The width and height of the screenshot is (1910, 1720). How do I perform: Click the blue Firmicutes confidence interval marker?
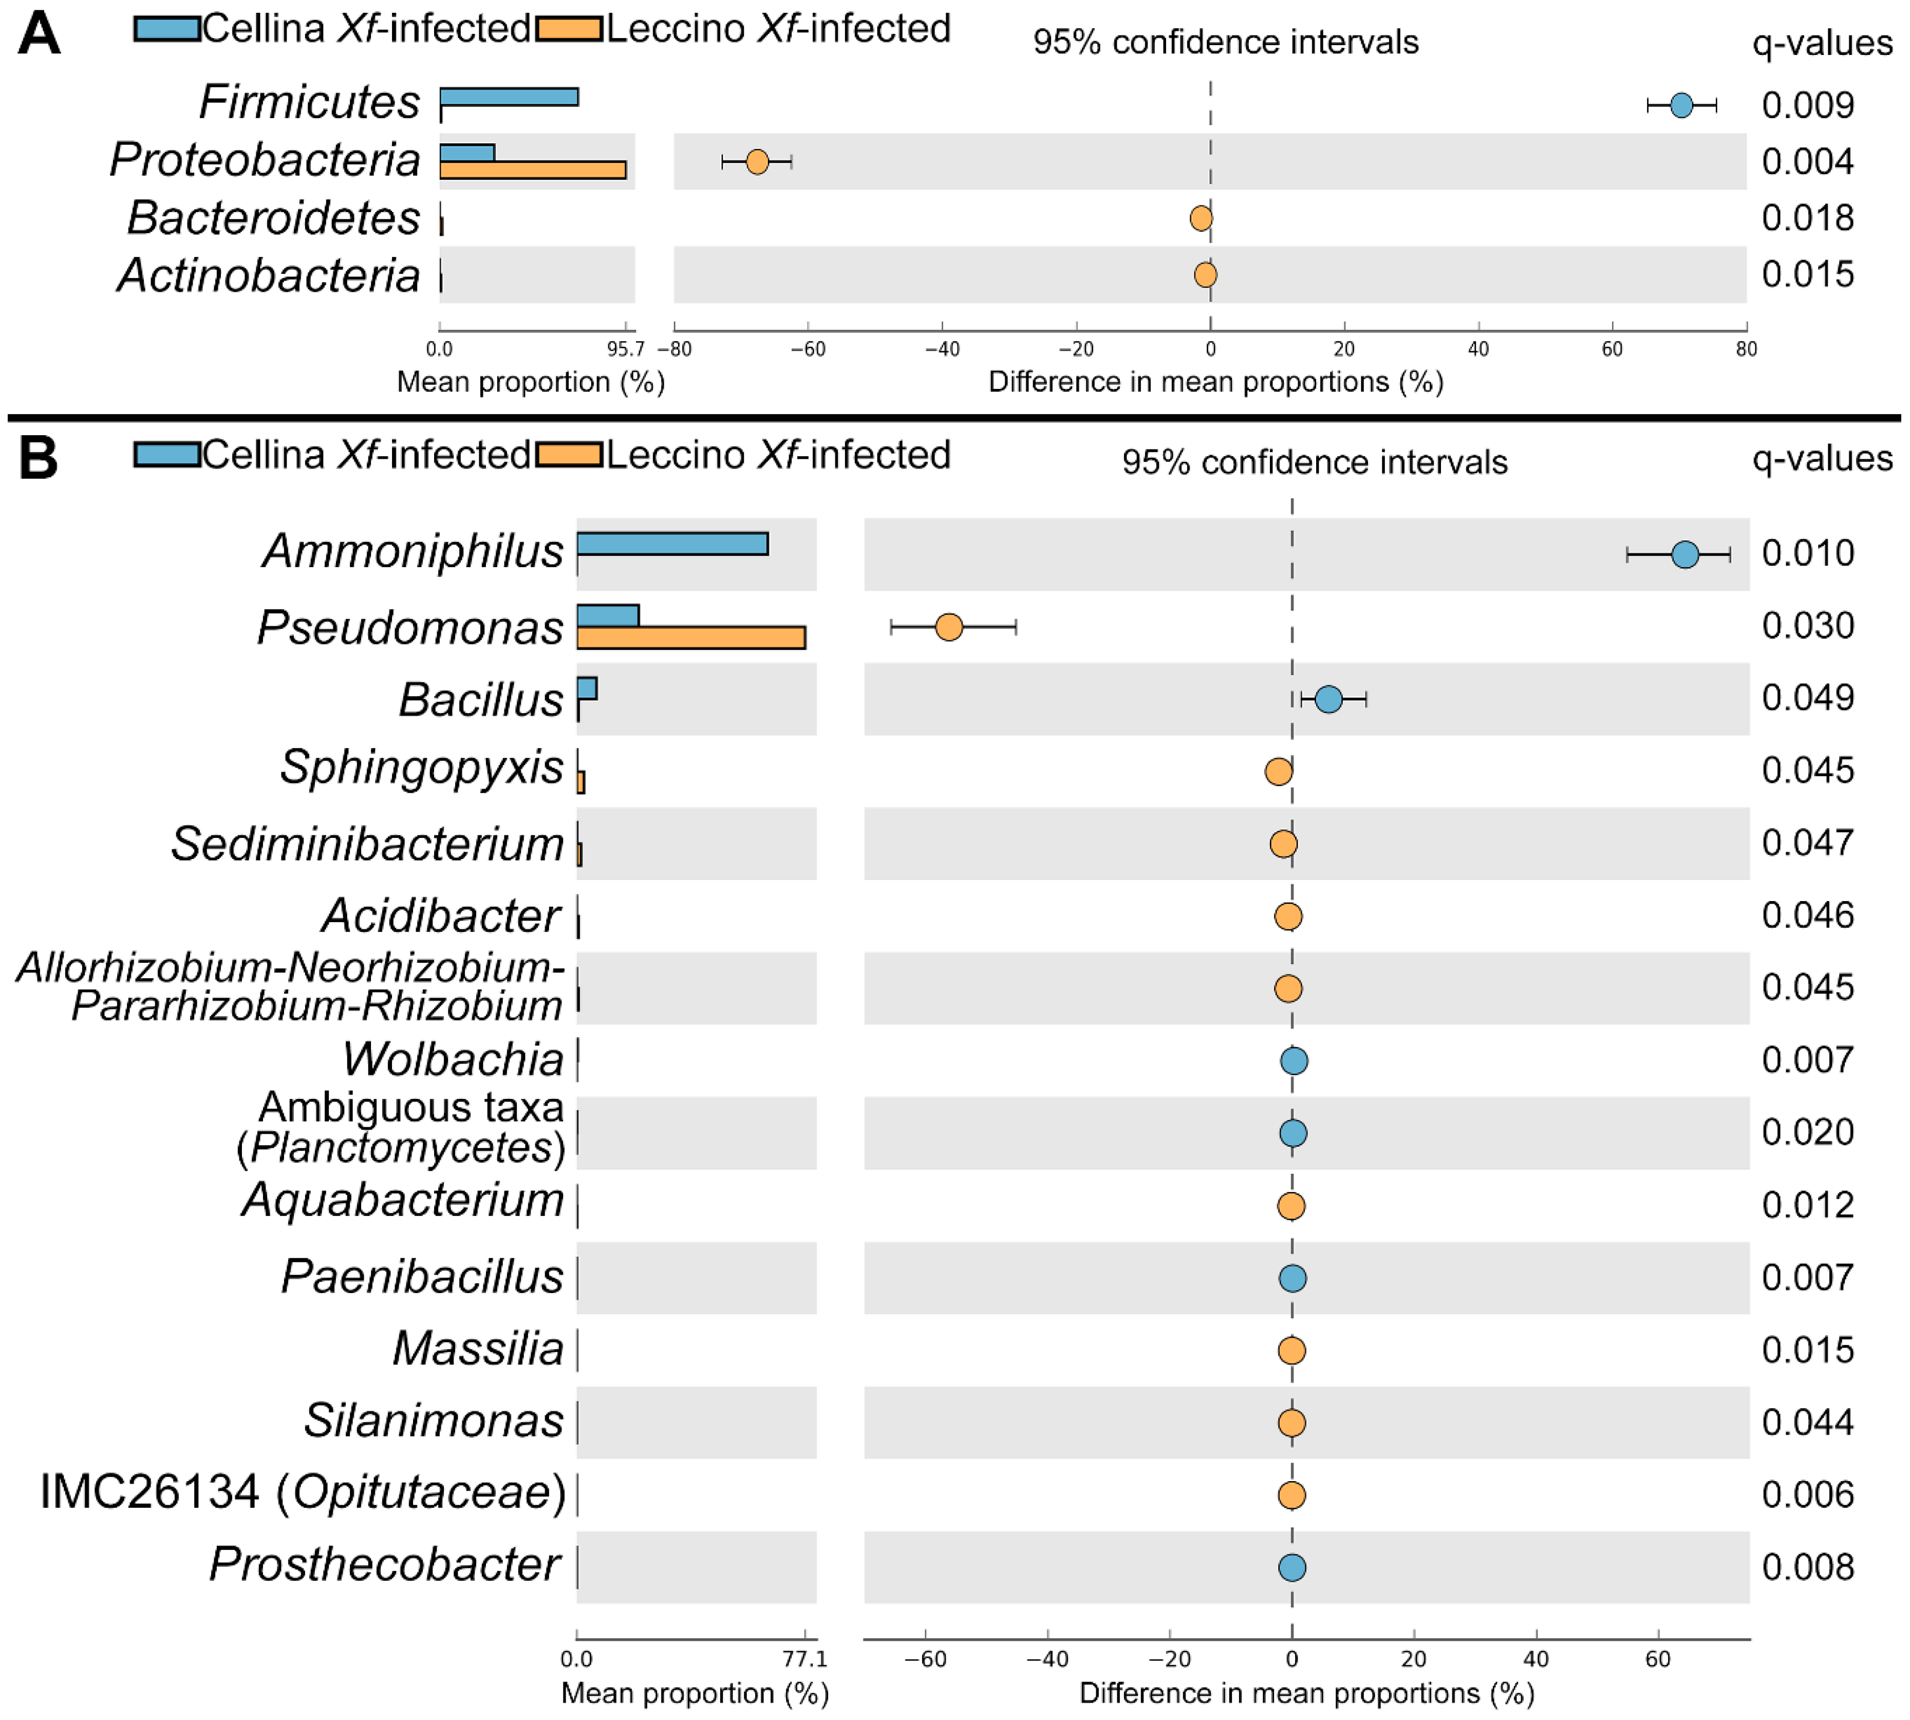[x=1680, y=105]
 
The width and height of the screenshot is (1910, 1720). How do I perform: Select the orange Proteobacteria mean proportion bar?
[x=532, y=170]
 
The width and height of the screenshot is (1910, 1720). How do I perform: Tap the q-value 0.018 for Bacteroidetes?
[x=1807, y=218]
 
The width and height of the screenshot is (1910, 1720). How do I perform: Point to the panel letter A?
[x=39, y=35]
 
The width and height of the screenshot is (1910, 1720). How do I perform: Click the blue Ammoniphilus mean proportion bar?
[x=672, y=544]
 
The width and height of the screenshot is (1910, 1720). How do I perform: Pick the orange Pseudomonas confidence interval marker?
[x=948, y=627]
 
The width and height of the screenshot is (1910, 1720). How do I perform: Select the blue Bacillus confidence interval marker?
[x=1328, y=699]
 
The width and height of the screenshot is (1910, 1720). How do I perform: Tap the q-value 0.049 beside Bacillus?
[x=1807, y=698]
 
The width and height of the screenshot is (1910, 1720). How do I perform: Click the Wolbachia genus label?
[x=454, y=1059]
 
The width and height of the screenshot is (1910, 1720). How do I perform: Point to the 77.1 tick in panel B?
[x=804, y=1658]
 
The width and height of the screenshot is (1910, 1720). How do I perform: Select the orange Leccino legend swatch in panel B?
[x=569, y=456]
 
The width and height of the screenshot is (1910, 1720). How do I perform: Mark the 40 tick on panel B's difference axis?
[x=1536, y=1658]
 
